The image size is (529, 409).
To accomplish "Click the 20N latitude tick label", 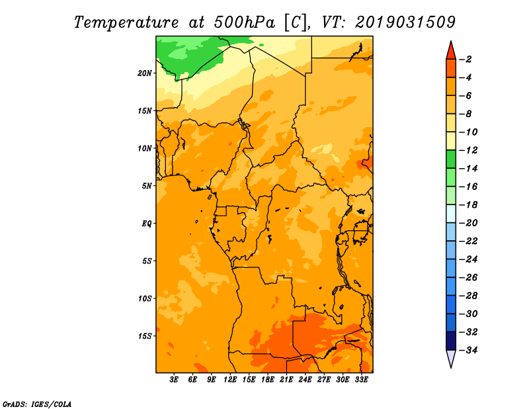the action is (145, 73).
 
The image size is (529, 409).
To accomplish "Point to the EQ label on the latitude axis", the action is (147, 224).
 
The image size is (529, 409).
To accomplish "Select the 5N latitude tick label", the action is (147, 186).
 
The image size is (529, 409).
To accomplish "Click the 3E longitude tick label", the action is (174, 380).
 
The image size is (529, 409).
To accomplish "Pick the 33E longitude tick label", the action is (361, 380).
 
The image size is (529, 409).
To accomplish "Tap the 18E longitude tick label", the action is (268, 380).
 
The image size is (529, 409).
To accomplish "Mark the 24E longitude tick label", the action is (305, 380).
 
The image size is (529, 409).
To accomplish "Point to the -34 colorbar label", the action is (468, 350).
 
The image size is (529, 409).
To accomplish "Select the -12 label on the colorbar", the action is (468, 150).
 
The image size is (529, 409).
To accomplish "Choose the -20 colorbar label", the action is (468, 223).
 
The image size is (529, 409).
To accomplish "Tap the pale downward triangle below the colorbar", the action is (451, 358).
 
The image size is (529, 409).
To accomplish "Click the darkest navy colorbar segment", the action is (451, 341).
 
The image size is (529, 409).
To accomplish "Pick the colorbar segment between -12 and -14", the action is (451, 159).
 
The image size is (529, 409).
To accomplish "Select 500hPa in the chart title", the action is (244, 23).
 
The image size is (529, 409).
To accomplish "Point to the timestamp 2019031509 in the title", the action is (405, 22).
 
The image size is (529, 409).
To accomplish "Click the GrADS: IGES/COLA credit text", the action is (37, 404).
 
